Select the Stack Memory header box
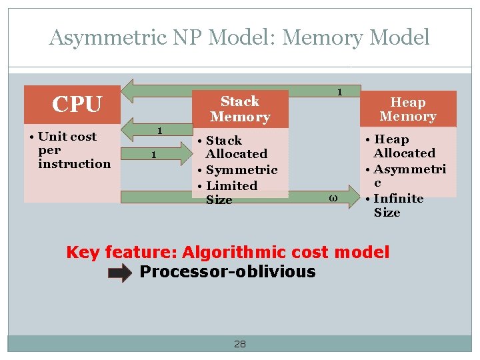click(x=240, y=109)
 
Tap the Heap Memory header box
click(x=408, y=109)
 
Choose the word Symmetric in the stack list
click(x=241, y=170)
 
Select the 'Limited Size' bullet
click(x=231, y=193)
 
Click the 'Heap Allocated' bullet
click(x=404, y=146)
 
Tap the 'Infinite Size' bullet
click(x=398, y=205)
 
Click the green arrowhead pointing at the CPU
click(x=134, y=91)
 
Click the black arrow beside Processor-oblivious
click(x=120, y=273)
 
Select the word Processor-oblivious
click(x=227, y=272)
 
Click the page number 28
click(x=240, y=344)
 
